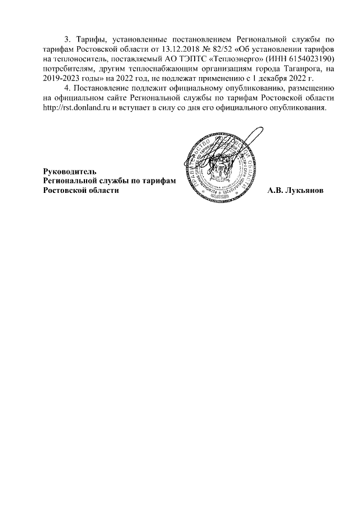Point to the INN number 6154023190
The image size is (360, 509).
click(309, 58)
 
